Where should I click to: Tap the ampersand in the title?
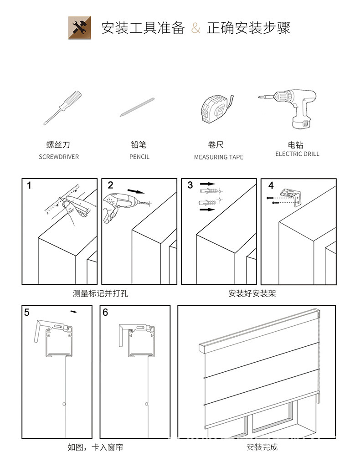point(195,28)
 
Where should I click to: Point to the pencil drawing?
point(137,108)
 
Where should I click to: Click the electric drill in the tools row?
point(289,108)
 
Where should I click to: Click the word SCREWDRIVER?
point(58,157)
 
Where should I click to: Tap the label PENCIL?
point(139,157)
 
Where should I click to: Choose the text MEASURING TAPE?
point(218,157)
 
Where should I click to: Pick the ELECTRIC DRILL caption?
point(297,154)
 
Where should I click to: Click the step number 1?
point(29,185)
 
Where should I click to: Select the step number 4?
point(271,186)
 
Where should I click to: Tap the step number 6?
point(106,313)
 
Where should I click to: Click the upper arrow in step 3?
point(208,185)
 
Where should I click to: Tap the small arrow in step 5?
point(74,312)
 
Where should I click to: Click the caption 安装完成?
point(262,447)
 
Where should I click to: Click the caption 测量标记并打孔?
point(100,293)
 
